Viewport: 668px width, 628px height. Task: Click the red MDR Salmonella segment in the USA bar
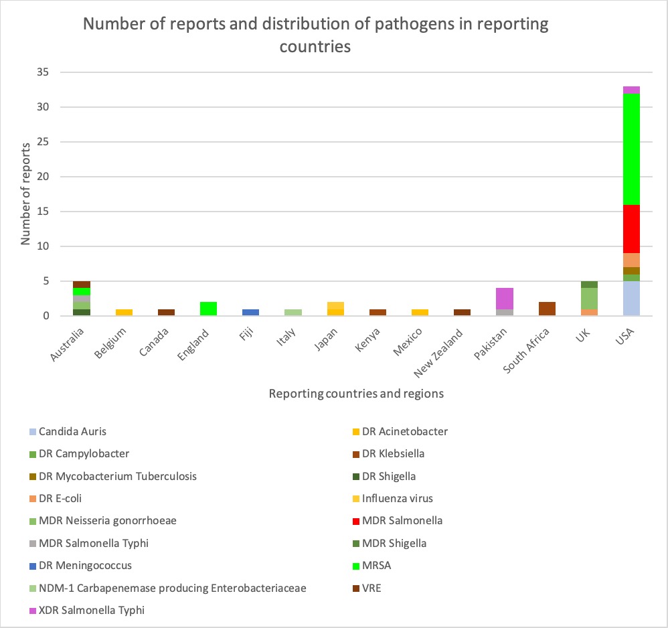tap(631, 228)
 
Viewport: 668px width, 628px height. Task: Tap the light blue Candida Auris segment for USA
tap(631, 299)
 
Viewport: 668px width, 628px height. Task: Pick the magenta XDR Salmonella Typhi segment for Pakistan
tap(505, 299)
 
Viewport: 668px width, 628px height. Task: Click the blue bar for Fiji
tap(251, 313)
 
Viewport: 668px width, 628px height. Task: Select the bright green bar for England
tap(209, 309)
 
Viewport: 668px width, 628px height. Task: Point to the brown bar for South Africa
tap(547, 309)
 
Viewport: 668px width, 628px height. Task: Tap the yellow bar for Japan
tap(335, 309)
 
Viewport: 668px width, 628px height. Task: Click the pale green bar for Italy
tap(293, 313)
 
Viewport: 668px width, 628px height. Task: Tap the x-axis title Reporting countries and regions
tap(356, 394)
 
